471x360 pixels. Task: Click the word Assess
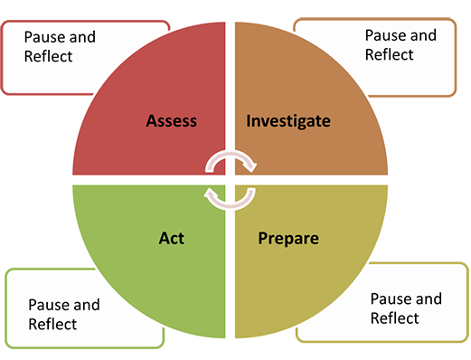coord(171,120)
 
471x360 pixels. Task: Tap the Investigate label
coord(288,120)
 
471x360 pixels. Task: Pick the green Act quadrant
coord(145,271)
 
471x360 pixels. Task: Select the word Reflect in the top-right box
coord(389,54)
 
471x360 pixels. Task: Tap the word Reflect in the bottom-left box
coord(52,324)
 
